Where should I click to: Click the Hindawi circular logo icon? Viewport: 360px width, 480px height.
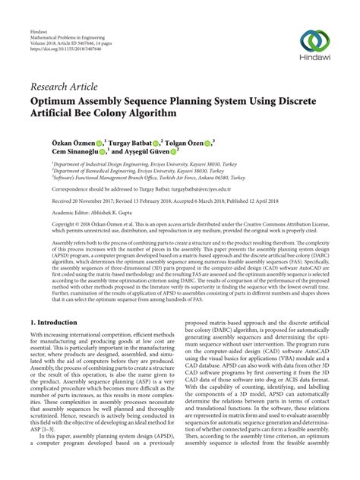[x=315, y=40]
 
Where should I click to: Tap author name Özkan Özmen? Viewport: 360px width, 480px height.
[x=58, y=142]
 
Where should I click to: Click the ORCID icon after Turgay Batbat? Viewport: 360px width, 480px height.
[x=155, y=142]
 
